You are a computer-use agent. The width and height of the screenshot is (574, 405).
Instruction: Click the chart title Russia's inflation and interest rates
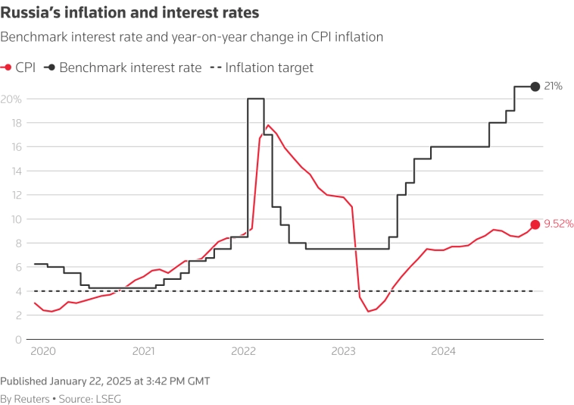[x=129, y=13]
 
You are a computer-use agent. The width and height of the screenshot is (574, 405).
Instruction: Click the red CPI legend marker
[x=7, y=67]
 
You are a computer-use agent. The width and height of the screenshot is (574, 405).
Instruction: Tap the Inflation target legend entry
[x=270, y=67]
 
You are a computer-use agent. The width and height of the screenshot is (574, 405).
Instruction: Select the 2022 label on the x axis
[x=243, y=351]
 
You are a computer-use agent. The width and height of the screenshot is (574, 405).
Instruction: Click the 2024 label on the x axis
[x=443, y=351]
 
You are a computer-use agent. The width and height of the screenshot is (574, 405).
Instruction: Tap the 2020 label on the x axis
[x=43, y=351]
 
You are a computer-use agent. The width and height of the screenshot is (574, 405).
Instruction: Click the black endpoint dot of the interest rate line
[x=535, y=86]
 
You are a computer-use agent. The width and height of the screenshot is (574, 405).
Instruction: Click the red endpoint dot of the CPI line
[x=535, y=224]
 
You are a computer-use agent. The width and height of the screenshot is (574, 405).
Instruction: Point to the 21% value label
[x=554, y=86]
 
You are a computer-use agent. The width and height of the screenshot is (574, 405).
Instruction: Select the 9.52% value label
[x=559, y=224]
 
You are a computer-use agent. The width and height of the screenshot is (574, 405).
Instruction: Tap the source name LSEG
[x=108, y=398]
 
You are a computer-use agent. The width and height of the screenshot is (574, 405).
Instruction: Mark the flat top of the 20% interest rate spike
[x=256, y=99]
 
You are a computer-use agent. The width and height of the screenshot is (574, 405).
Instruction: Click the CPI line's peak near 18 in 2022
[x=268, y=125]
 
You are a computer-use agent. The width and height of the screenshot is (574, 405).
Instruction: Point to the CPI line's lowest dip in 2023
[x=368, y=311]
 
